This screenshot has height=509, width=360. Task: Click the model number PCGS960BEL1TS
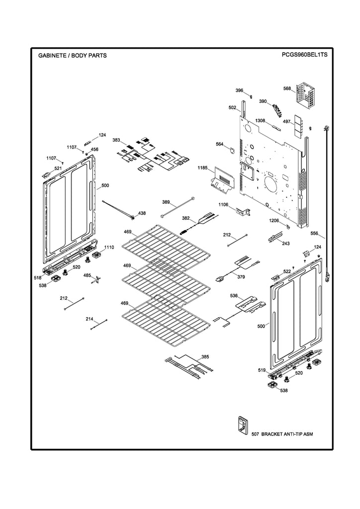click(x=304, y=55)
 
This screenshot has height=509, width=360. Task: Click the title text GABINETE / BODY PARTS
click(x=72, y=56)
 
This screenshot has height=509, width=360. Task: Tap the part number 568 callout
click(x=287, y=89)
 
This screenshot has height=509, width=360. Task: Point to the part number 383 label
click(x=116, y=140)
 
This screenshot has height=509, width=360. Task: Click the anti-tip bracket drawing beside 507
click(x=242, y=424)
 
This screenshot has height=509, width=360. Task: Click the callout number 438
click(x=142, y=213)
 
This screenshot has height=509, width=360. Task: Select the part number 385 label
click(x=205, y=357)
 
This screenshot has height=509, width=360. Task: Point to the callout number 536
click(x=234, y=296)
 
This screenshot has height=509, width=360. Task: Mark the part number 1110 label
click(x=109, y=247)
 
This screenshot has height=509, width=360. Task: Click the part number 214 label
click(x=90, y=319)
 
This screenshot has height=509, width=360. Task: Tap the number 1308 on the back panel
click(x=260, y=121)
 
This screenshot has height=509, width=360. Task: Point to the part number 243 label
click(x=285, y=244)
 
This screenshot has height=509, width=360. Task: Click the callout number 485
click(x=87, y=275)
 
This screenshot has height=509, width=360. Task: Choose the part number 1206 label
click(x=274, y=220)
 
